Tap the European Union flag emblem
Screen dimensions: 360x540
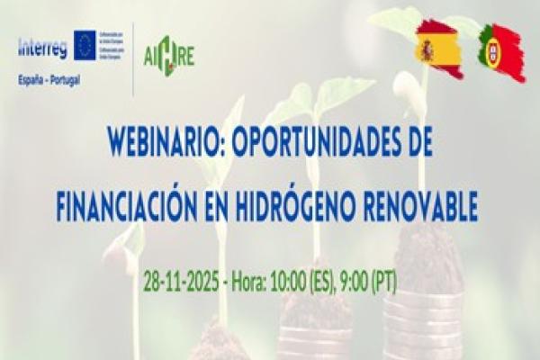pyautogui.click(x=85, y=45)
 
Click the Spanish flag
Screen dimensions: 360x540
pyautogui.click(x=439, y=49)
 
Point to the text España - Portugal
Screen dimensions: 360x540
pyautogui.click(x=48, y=79)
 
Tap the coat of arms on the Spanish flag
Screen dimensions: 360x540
pyautogui.click(x=427, y=50)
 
